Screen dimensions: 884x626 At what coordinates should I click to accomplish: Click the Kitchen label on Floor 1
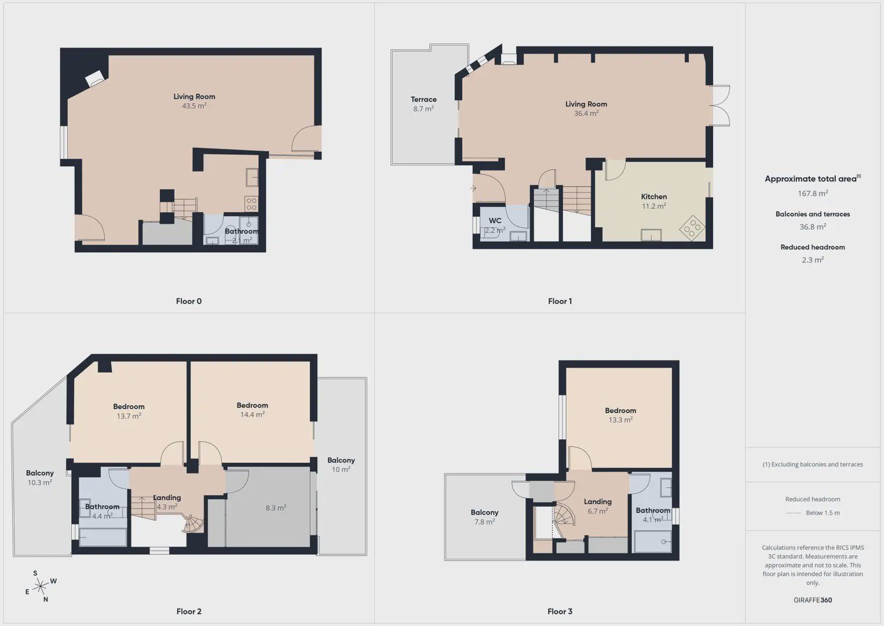(654, 196)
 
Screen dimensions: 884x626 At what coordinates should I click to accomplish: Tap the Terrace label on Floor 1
(423, 100)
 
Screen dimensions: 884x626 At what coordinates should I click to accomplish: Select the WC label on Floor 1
(495, 221)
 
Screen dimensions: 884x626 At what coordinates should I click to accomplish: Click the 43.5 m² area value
(194, 106)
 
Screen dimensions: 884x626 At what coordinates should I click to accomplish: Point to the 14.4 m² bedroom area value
(253, 414)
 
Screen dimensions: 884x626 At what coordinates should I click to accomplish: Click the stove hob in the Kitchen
(693, 228)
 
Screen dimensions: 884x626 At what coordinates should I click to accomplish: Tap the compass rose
(40, 586)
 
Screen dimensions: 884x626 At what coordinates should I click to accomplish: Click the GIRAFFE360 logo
(813, 600)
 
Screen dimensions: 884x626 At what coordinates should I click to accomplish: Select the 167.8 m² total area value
(813, 193)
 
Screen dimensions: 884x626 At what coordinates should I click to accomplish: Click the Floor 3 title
(560, 612)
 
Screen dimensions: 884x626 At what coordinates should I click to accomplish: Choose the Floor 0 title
(189, 301)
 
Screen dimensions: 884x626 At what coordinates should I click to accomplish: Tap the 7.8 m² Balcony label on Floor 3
(485, 516)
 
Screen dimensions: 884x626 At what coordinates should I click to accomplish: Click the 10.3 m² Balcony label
(40, 477)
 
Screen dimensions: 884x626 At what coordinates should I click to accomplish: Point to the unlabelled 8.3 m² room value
(276, 508)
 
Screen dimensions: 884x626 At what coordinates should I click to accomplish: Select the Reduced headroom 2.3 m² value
(813, 260)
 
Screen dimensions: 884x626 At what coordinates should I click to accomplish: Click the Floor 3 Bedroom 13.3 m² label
(620, 415)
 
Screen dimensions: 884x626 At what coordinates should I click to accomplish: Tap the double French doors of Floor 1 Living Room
(720, 105)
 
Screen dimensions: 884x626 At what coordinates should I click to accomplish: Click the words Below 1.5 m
(823, 512)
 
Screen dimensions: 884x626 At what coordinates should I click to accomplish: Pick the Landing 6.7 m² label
(597, 506)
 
